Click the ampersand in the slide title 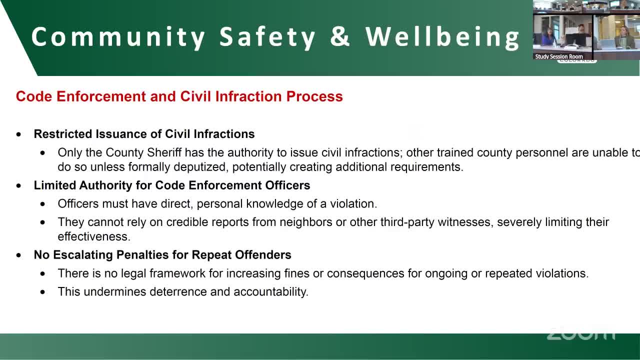[340, 36]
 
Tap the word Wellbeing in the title [442, 37]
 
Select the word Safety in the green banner [267, 37]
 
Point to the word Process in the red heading [314, 96]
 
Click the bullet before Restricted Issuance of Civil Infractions [19, 134]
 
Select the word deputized [201, 167]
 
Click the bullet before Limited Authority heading [19, 185]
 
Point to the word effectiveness [94, 236]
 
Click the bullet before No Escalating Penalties [19, 255]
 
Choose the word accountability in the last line [271, 292]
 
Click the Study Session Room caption [559, 56]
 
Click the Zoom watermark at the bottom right [581, 333]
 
